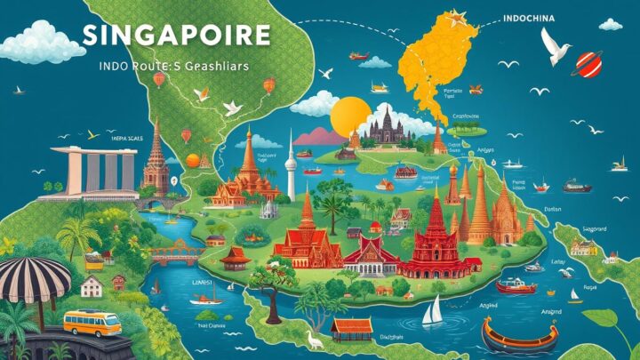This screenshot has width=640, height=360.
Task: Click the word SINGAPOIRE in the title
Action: [174, 36]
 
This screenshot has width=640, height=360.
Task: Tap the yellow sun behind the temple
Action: [349, 116]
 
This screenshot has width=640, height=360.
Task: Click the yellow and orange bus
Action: [92, 322]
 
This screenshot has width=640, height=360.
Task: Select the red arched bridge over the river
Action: [173, 252]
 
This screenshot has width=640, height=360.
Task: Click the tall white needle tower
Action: [291, 164]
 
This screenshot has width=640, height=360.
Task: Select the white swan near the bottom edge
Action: [312, 339]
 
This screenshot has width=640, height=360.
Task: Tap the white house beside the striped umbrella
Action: [92, 285]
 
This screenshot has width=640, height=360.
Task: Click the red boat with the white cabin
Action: [516, 286]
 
